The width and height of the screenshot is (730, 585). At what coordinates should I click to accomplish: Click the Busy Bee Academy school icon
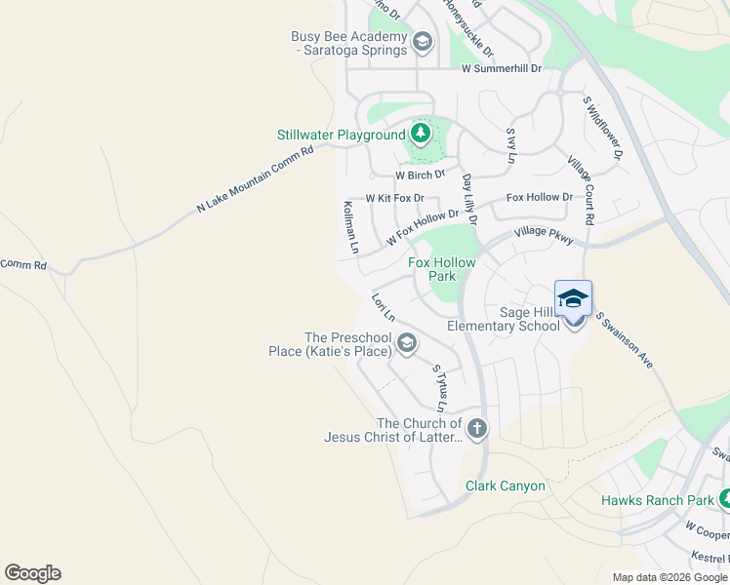422,42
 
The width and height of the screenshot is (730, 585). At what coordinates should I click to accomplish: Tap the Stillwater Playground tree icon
421,133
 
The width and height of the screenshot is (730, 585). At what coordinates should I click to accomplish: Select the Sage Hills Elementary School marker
573,300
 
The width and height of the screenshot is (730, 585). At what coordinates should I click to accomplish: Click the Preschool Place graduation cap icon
407,342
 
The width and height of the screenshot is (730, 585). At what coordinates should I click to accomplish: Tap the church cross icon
476,428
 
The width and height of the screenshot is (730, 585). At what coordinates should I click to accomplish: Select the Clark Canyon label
505,486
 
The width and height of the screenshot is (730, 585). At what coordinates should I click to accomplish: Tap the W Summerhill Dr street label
501,68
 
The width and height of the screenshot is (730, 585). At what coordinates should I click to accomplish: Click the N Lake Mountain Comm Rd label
256,179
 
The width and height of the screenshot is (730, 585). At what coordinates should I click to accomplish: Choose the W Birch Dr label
420,175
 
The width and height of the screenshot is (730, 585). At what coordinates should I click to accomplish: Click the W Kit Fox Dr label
394,198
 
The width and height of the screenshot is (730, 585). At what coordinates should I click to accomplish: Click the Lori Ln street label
383,307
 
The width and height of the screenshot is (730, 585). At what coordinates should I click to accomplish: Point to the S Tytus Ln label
440,387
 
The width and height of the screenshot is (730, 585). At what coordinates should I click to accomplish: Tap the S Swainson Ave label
624,340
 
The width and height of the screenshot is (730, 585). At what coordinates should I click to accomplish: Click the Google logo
32,573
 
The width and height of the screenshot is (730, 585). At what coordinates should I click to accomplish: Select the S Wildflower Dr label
602,128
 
